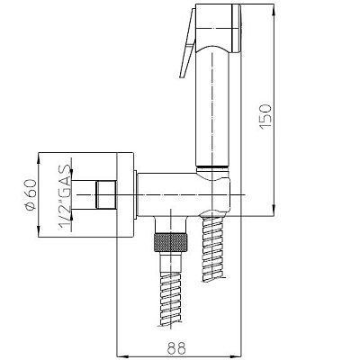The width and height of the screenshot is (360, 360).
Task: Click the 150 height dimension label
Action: [265, 117]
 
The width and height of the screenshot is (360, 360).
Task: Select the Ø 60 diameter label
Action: [31, 195]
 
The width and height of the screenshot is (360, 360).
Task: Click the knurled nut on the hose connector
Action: [170, 241]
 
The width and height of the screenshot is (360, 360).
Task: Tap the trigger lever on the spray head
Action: [188, 45]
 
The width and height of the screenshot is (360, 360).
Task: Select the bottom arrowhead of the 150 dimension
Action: [273, 210]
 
